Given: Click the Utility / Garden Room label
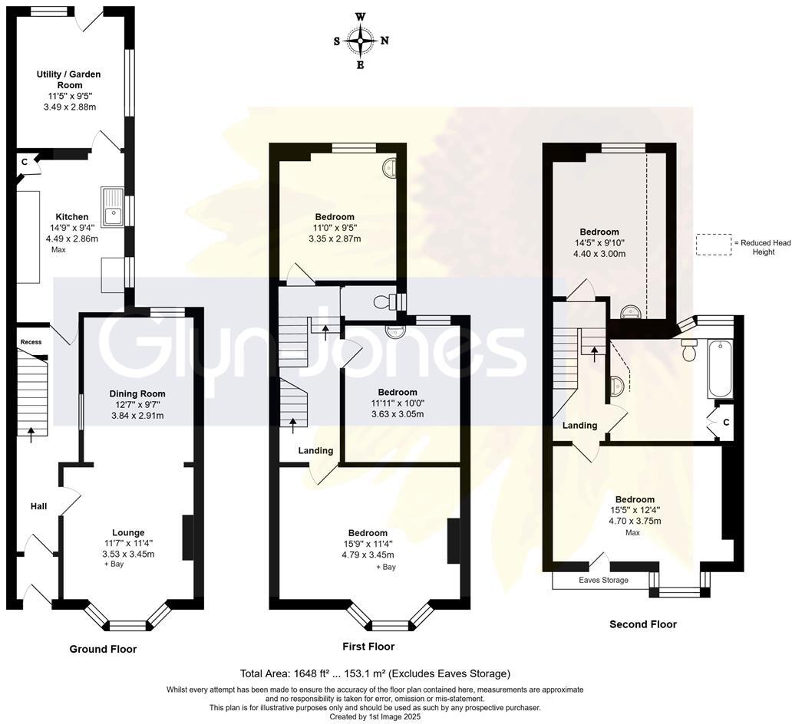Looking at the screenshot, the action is point(69,80).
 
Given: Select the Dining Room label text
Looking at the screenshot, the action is point(137,393).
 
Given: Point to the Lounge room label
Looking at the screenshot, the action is point(128,532).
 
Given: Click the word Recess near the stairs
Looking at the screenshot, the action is point(31,342).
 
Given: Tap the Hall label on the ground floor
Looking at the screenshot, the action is point(38,506).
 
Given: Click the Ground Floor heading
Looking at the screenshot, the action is point(103,649).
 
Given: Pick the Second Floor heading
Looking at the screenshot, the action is point(642,624).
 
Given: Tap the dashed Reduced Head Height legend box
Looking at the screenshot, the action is point(713,245).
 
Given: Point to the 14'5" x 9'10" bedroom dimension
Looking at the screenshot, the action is point(599,243).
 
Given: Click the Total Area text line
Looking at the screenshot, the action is point(375,673).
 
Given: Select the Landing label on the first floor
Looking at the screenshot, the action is point(316,450).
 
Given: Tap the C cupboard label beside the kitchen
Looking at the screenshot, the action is point(25,162).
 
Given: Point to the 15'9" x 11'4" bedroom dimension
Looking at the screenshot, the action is point(368,544).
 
